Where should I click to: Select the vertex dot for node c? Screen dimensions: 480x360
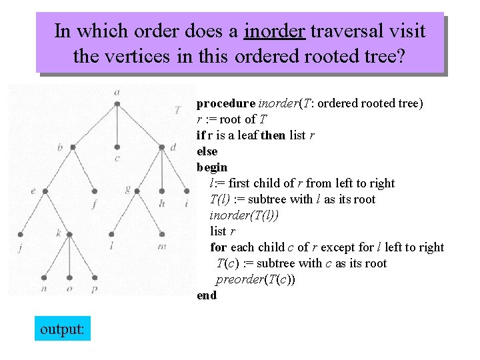click(117, 147)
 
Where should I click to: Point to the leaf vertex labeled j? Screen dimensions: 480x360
click(21, 235)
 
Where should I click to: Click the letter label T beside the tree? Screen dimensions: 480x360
click(177, 109)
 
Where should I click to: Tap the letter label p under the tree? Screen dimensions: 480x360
click(94, 289)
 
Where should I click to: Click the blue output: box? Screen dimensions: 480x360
click(62, 329)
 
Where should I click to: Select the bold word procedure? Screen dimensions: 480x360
click(226, 103)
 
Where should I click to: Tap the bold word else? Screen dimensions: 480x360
click(207, 151)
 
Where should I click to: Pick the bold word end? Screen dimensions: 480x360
click(207, 295)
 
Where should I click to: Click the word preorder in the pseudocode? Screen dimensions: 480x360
click(240, 279)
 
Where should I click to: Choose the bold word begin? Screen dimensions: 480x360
click(212, 167)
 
